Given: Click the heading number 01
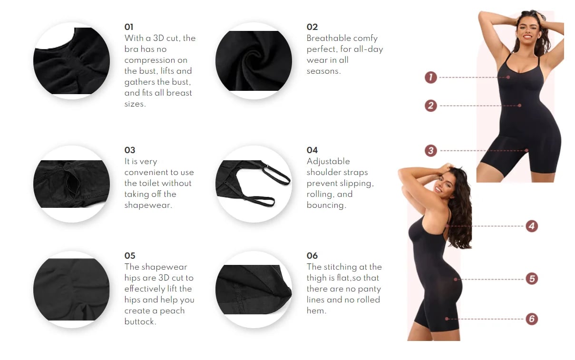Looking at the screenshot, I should click(129, 27).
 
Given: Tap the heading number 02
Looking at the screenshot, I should click(312, 27).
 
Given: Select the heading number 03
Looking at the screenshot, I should click(130, 150).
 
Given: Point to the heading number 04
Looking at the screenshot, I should click(312, 150).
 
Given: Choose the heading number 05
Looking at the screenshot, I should click(130, 256).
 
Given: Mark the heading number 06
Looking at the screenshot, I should click(312, 256).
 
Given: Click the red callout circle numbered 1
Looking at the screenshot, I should click(430, 77).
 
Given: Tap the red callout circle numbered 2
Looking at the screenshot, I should click(430, 106).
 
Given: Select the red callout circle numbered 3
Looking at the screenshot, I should click(430, 151).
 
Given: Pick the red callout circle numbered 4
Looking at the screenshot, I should click(532, 226).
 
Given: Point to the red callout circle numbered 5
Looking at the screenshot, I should click(532, 279).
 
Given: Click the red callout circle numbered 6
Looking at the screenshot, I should click(532, 319).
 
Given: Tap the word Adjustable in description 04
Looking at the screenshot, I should click(328, 161).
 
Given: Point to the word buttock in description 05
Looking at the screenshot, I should click(139, 321).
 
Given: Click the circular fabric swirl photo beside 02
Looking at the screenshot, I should click(253, 61).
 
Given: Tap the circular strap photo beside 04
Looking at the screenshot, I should click(253, 184).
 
